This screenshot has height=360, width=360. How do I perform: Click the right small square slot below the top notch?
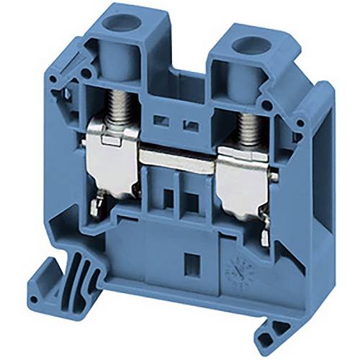point(191,125)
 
